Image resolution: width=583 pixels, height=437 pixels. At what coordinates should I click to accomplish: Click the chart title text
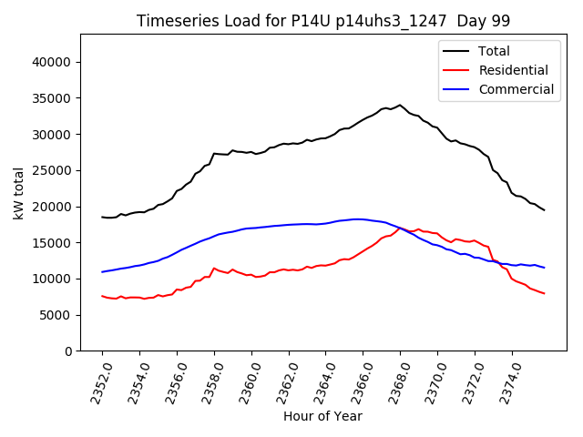pos(323,21)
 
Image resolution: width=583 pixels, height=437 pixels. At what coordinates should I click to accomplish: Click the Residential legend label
pos(514,70)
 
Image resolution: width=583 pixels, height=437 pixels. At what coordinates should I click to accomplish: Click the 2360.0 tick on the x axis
pos(244,381)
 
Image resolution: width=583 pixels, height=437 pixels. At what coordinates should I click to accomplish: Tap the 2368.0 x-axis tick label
pos(394,381)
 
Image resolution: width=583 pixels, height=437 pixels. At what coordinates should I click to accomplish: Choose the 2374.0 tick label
pos(505,381)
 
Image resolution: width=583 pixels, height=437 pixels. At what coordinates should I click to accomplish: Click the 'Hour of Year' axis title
pos(322,416)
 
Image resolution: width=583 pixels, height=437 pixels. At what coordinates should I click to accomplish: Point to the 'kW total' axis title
pos(18,192)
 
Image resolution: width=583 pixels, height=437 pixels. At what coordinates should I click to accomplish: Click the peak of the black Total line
pos(400,105)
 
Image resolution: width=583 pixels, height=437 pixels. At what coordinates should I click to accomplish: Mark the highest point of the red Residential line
pos(400,228)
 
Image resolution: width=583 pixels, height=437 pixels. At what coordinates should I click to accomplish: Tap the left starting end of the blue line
pos(102,272)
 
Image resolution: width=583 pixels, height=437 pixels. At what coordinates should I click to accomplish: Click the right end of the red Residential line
pos(545,293)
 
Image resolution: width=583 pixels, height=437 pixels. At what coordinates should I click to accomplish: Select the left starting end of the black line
pos(102,217)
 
